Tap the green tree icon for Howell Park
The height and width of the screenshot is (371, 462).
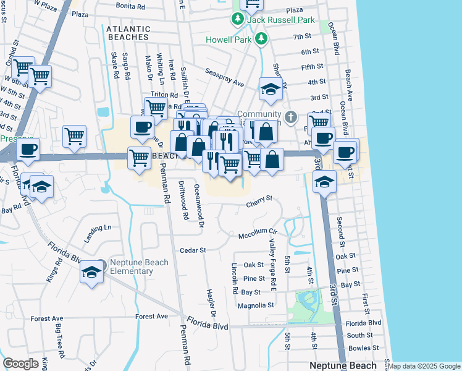click(261, 40)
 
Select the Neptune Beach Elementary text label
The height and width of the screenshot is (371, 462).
click(131, 267)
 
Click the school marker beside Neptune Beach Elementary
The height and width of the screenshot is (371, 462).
click(91, 272)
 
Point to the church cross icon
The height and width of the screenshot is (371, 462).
click(292, 116)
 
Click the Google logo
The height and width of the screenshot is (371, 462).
click(20, 364)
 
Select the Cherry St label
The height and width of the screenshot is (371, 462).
click(259, 199)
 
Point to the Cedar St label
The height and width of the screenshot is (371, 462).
click(192, 250)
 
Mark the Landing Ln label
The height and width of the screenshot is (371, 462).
click(98, 233)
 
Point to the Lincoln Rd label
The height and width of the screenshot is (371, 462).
click(235, 278)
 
